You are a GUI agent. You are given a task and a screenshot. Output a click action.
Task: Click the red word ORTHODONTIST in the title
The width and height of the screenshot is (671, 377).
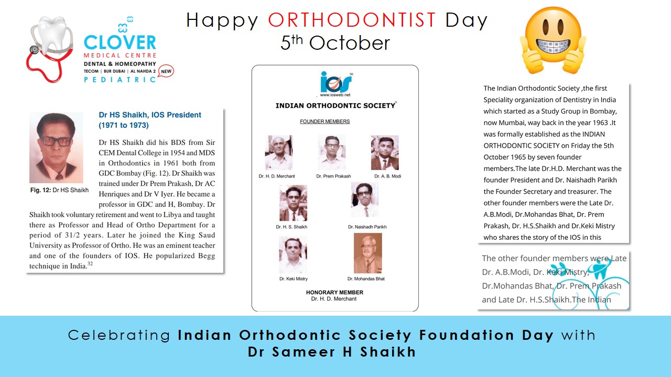pos(352,20)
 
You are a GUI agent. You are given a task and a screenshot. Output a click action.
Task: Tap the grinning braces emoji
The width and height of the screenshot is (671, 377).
pos(553,40)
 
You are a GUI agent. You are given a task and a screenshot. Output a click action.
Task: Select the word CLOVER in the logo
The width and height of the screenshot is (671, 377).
pos(120,42)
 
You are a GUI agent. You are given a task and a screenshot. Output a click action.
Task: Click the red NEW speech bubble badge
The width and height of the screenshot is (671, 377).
pos(166,71)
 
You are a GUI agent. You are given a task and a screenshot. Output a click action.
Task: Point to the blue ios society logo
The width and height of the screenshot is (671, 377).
pos(336,82)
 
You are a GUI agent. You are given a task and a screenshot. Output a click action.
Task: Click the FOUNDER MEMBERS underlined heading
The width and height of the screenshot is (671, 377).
pos(324,121)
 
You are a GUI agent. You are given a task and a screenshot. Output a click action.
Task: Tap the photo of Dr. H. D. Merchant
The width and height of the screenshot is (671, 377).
pos(278,152)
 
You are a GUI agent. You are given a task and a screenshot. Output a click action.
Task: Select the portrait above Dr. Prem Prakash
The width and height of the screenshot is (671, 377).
pos(332,152)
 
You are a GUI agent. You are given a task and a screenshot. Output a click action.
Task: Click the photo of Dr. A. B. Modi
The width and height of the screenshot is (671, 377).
pos(385,152)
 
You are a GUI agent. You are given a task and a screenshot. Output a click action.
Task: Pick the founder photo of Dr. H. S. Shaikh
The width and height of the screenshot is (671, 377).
pos(293,203)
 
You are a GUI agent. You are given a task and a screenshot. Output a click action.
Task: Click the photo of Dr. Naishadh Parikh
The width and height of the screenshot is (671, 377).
pos(364,200)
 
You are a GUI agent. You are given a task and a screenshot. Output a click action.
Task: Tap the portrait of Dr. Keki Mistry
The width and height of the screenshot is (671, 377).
pos(293,254)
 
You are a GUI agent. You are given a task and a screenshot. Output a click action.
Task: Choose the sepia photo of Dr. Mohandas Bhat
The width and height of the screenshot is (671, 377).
pos(368,253)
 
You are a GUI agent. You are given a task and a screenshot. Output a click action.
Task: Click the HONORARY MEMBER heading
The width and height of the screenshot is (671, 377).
pos(334,292)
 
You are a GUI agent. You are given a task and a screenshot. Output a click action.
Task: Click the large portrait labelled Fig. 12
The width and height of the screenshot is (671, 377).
pos(56,148)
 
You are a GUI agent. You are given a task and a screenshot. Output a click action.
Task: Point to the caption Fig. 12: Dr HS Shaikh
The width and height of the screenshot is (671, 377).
pos(59,190)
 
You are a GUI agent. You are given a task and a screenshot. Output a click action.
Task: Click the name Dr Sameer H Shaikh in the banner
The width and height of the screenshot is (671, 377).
pos(332,352)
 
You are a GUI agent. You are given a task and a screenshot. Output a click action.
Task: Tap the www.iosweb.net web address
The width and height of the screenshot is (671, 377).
pos(335,95)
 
